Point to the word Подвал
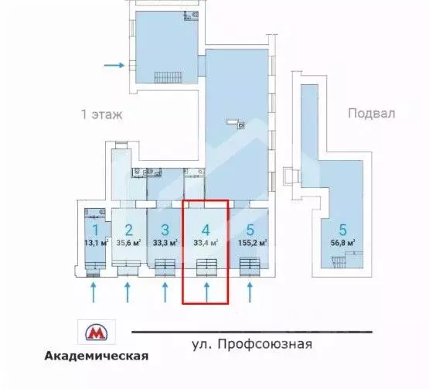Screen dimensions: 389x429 (x=372, y=113)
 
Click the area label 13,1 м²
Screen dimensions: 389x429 (x=96, y=243)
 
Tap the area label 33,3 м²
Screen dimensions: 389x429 (x=165, y=242)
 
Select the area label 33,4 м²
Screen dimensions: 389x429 (x=205, y=242)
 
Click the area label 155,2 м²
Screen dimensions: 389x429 (x=252, y=242)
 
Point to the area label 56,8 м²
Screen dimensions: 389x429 (x=341, y=243)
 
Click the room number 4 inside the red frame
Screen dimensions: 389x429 (x=205, y=229)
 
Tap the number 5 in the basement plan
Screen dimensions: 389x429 (x=341, y=229)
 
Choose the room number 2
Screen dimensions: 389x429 (x=129, y=229)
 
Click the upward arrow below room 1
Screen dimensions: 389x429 (x=94, y=292)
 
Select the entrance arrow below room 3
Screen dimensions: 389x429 (x=165, y=292)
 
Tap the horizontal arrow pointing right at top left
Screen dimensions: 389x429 (x=113, y=65)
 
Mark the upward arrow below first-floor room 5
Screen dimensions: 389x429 (x=249, y=292)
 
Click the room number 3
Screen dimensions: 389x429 (x=165, y=229)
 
